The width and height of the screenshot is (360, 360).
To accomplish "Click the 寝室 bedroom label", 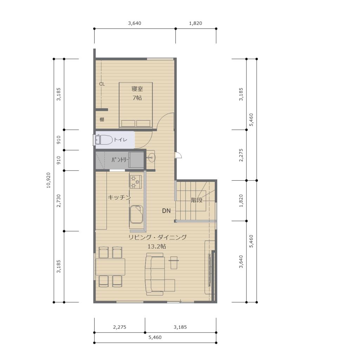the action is pos(137,89).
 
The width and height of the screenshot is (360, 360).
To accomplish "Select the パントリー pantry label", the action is pos(120,160).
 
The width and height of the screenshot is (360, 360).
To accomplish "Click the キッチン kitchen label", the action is pos(119,197).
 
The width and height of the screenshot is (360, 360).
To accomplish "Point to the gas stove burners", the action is pos(136,182).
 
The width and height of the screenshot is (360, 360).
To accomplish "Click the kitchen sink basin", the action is pos(136,214).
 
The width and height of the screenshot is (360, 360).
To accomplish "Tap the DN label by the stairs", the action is pos(166,211).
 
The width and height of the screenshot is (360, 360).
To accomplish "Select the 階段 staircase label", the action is pos(197,200).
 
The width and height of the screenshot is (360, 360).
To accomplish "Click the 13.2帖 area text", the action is pos(156,246).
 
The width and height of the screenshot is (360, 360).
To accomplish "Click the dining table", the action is pos(110,267).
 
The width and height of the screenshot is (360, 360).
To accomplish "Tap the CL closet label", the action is pos(102,84).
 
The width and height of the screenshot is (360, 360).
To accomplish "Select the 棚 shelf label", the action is pos(102,120).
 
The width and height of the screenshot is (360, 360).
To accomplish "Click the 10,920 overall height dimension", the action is pos(49,180).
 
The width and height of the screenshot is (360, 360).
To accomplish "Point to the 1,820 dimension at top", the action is pos(195,23).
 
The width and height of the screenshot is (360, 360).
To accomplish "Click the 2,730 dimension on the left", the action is pos(59,201).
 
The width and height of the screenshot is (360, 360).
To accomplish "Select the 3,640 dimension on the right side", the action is pos(241,262).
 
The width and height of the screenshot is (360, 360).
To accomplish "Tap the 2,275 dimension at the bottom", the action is pos(120,327).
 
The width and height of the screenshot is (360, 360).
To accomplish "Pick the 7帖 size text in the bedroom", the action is pos(137,98).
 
